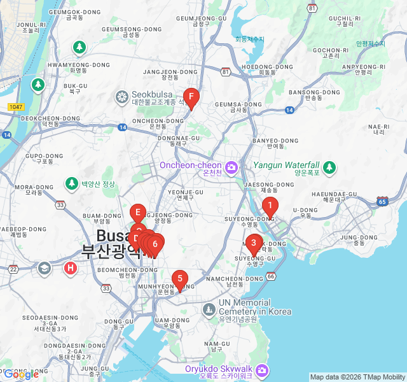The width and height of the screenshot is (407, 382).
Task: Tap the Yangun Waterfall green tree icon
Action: click(329, 167)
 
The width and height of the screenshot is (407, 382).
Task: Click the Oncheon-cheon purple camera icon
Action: click(231, 167)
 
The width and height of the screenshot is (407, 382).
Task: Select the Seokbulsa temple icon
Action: click(121, 97)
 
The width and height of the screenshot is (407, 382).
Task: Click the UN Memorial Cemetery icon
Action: click(209, 309)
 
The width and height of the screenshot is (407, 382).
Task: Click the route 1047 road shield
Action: click(17, 106)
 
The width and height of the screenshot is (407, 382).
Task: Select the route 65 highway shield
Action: click(382, 201)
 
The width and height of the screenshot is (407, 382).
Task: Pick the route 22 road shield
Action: click(13, 269)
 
